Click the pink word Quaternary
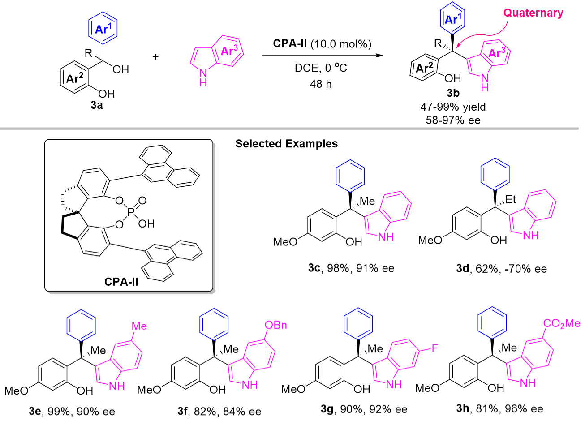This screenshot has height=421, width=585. [x=533, y=13]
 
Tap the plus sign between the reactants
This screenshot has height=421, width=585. [x=156, y=57]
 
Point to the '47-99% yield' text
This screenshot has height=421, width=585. [x=453, y=107]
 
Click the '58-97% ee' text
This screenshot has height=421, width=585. [x=453, y=120]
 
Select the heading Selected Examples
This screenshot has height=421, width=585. [x=287, y=144]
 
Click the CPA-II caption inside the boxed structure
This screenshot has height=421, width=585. [x=121, y=282]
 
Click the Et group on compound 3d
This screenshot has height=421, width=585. [x=511, y=200]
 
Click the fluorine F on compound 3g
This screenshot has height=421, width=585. [x=434, y=348]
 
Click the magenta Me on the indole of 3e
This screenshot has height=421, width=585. [x=139, y=326]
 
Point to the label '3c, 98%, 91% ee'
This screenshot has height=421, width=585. [x=351, y=268]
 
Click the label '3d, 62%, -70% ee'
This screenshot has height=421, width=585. [x=501, y=269]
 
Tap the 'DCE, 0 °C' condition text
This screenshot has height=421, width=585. [x=321, y=68]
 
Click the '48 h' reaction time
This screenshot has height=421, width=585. [x=321, y=84]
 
